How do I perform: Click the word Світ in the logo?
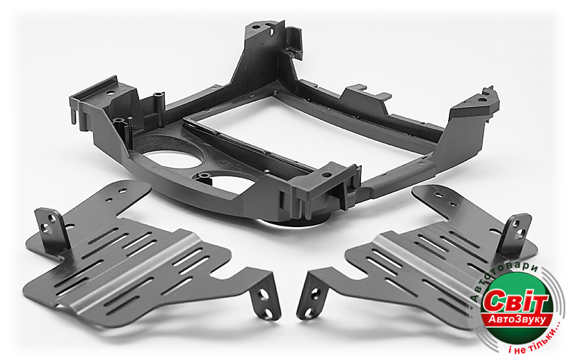[x=517, y=301]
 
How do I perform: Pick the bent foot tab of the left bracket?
[x=265, y=295]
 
